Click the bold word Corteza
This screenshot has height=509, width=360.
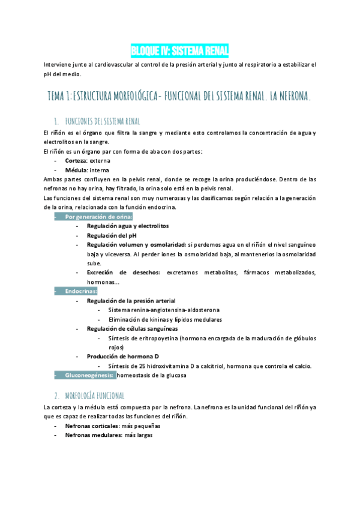tap(76, 161)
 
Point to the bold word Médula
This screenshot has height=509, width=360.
tap(76, 170)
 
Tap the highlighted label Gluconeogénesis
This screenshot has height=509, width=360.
tap(89, 376)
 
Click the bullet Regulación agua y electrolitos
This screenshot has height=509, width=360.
tap(127, 226)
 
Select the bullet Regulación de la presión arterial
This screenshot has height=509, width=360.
tap(131, 301)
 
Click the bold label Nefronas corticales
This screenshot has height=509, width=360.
tap(92, 426)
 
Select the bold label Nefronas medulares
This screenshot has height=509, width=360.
tap(92, 435)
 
